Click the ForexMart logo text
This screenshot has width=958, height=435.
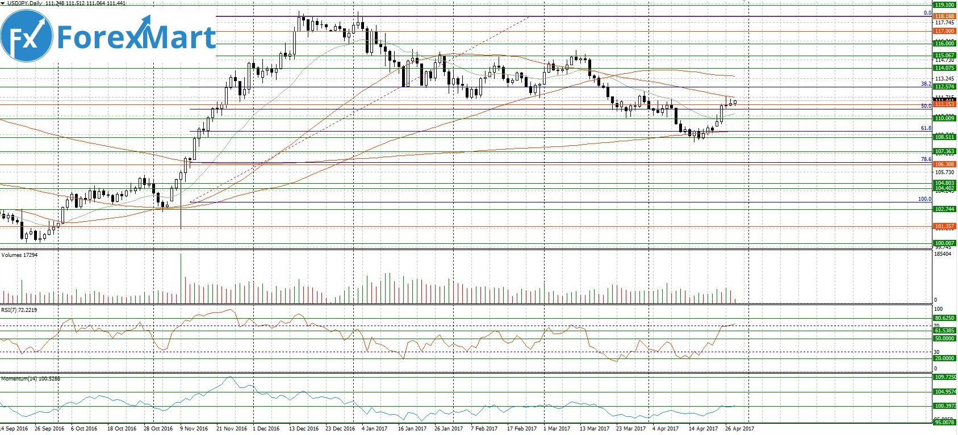point(136,37)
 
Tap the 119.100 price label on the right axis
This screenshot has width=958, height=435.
point(944,5)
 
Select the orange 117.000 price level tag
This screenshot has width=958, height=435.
point(944,31)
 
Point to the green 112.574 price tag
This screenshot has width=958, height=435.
point(944,87)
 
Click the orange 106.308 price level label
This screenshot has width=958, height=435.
point(944,164)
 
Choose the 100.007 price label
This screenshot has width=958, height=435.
point(944,243)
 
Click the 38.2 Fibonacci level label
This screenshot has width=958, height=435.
point(926,84)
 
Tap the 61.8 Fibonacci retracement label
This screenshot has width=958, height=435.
point(926,129)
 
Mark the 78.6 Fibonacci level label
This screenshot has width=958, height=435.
point(926,160)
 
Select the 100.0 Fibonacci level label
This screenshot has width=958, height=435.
point(924,199)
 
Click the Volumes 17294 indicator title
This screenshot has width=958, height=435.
point(19,255)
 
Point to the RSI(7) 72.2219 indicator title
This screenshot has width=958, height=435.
point(19,310)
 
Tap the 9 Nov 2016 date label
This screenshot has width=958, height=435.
point(194,429)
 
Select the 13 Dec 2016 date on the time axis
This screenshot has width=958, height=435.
point(303,429)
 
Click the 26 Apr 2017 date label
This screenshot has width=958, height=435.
point(739,429)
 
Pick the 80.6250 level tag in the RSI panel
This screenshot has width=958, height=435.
point(944,318)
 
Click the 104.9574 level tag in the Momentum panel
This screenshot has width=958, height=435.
point(944,392)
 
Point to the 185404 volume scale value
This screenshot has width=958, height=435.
point(942,254)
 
